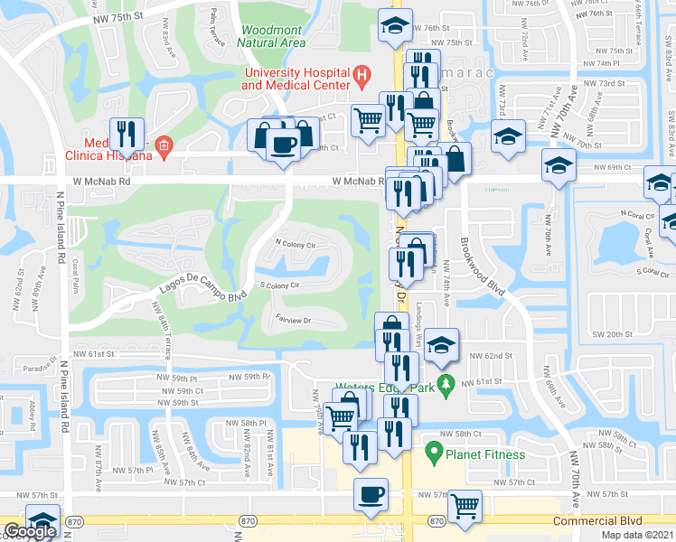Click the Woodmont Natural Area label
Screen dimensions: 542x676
coord(272,34)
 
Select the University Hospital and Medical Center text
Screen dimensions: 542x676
coord(295,79)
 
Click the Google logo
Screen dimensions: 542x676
coord(30,531)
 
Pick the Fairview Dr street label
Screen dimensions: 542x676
coord(292,321)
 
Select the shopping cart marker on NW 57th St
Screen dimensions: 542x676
coord(465,504)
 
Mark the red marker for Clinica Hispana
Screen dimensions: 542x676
coord(163,146)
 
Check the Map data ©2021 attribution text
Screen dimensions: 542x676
coord(638,535)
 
